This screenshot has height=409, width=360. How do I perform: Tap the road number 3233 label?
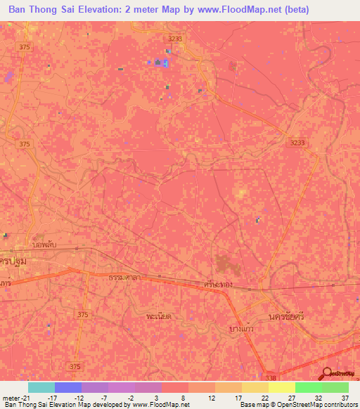298,142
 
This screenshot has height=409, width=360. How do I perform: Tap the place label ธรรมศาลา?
124,278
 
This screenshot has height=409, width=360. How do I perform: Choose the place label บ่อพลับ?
44,247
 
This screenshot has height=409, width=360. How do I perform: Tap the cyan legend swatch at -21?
41,387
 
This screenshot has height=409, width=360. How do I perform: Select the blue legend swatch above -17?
67,387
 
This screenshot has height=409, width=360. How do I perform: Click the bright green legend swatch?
308,387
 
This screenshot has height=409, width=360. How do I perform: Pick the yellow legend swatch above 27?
281,387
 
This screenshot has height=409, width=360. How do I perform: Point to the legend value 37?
345,397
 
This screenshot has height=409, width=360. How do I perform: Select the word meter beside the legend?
11,397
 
